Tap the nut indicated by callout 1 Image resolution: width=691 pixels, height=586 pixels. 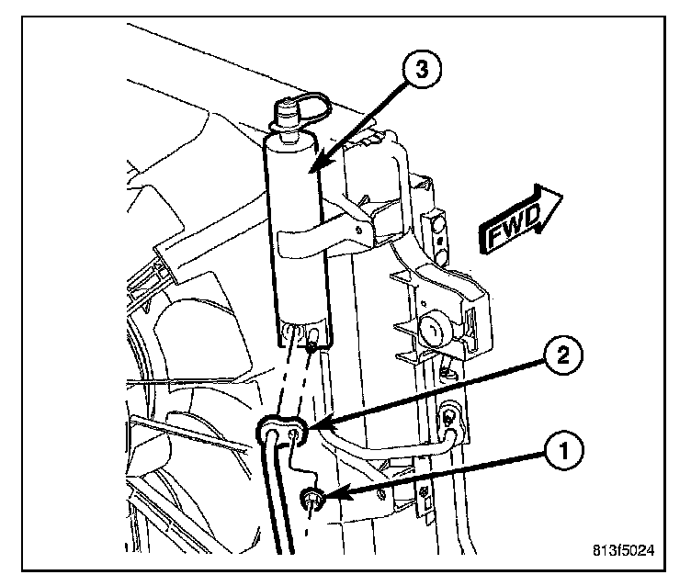pos(312,500)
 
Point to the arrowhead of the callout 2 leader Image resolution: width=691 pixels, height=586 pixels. pos(306,426)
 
